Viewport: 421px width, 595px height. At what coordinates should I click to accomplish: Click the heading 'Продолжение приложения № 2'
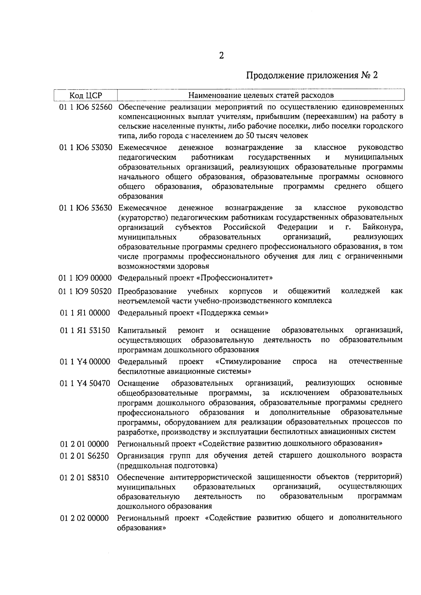tap(312, 76)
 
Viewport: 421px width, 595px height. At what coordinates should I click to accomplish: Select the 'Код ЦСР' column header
tap(85, 95)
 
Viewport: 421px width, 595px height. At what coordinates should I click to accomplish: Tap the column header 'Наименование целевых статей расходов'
tap(261, 95)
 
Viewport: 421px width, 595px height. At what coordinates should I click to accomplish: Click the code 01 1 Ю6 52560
tap(86, 107)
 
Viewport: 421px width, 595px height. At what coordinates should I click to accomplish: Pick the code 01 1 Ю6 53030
tap(86, 147)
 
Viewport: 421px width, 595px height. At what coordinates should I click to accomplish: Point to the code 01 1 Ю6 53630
tap(86, 208)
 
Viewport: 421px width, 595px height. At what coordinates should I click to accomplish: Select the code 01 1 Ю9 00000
tap(86, 278)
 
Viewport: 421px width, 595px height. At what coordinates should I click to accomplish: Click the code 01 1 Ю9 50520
tap(86, 291)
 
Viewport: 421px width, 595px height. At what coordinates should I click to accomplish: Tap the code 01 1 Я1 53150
tap(85, 330)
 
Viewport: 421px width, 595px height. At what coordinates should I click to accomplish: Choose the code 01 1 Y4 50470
tap(85, 383)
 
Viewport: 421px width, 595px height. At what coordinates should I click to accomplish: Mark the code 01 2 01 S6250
tap(84, 456)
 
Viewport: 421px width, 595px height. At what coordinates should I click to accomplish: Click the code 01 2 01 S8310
tap(84, 478)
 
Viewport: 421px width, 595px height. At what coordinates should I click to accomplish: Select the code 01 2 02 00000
tap(84, 518)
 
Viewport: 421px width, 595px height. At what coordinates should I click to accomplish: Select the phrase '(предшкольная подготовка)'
tap(167, 466)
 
